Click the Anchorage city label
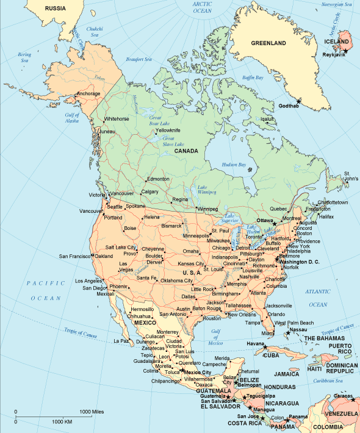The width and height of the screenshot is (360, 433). pyautogui.click(x=88, y=93)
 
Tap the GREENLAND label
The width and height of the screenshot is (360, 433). pyautogui.click(x=268, y=44)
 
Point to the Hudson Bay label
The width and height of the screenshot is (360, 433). pyautogui.click(x=233, y=165)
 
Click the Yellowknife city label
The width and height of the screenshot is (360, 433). pyautogui.click(x=168, y=131)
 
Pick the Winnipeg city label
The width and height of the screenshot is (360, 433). pyautogui.click(x=207, y=209)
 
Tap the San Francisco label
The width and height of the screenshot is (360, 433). pyautogui.click(x=74, y=256)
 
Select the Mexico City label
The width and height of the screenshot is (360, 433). pyautogui.click(x=198, y=372)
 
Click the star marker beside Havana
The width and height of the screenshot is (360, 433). pyautogui.click(x=266, y=347)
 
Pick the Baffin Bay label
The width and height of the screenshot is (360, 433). pyautogui.click(x=252, y=78)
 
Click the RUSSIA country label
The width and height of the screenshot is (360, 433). pyautogui.click(x=56, y=9)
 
